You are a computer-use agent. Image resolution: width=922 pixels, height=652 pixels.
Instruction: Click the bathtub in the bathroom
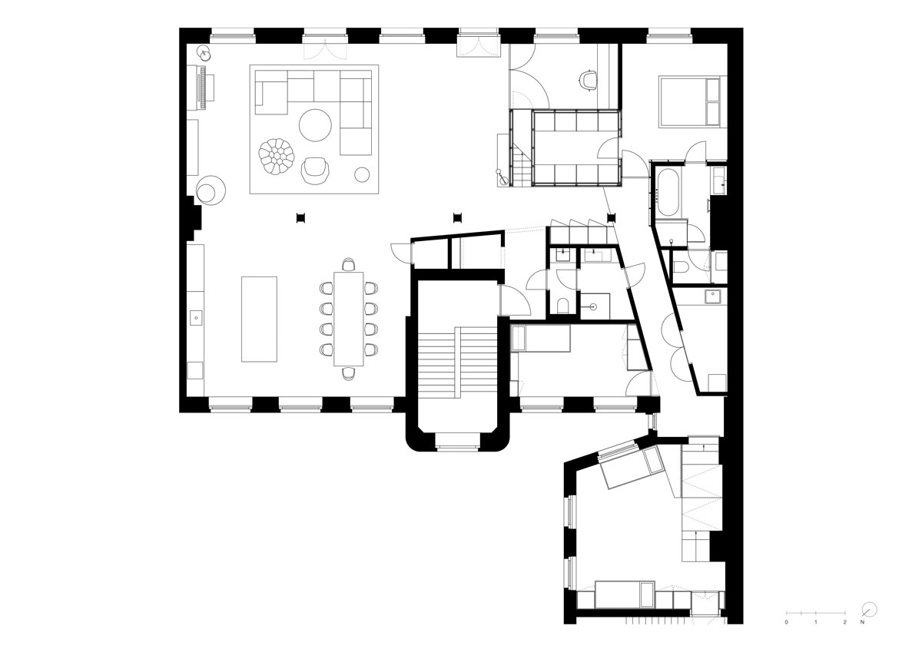[x=668, y=192]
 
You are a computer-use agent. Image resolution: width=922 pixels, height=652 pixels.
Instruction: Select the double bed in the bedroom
[x=689, y=101]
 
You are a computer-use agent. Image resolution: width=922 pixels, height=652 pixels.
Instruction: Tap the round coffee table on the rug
[x=315, y=125]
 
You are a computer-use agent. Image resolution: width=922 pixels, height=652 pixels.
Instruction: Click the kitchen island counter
[x=259, y=319]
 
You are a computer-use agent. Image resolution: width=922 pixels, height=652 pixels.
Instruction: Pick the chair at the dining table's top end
[x=349, y=264]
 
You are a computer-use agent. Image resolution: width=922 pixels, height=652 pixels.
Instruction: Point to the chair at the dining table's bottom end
[x=349, y=373]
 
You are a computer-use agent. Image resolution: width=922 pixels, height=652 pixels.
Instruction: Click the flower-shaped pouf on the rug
[x=277, y=156]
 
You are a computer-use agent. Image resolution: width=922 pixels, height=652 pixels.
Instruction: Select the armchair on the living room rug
[x=315, y=170]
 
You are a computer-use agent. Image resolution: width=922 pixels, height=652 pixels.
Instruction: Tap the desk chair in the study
[x=589, y=80]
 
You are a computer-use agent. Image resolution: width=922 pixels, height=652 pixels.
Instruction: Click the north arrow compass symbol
[x=869, y=610]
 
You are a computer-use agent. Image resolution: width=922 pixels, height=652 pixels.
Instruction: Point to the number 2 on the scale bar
[x=844, y=622]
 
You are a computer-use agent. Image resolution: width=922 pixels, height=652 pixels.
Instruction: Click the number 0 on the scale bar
[x=786, y=622]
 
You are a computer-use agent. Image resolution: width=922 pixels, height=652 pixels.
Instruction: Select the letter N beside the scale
[x=862, y=622]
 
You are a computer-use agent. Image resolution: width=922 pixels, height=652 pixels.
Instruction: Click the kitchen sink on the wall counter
[x=197, y=318]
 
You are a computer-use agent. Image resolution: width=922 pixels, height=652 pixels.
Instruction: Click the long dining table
[x=349, y=319]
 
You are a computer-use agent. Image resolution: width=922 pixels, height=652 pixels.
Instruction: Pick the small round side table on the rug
[x=362, y=174]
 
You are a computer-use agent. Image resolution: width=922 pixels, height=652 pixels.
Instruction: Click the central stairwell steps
[x=457, y=362]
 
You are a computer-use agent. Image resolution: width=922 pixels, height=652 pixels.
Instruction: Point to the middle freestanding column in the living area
[x=457, y=218]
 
